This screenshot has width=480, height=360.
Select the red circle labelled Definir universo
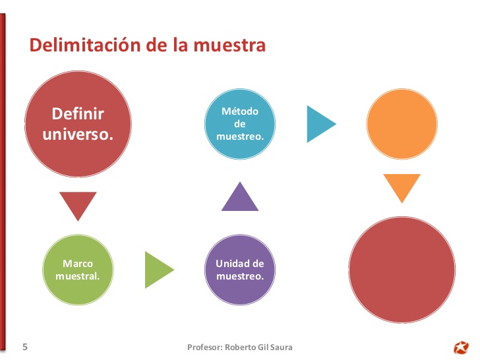(78, 124)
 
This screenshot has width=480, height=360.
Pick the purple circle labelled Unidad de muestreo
(240, 270)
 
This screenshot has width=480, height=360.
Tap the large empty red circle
(402, 270)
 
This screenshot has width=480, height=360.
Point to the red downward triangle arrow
(78, 204)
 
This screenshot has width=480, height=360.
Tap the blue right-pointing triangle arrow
(320, 124)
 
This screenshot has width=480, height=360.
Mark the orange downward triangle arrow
(402, 187)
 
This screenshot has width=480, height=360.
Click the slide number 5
(25, 346)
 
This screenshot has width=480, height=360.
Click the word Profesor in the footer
(204, 347)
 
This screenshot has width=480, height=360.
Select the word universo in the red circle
(78, 135)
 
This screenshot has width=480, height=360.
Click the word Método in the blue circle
(240, 111)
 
